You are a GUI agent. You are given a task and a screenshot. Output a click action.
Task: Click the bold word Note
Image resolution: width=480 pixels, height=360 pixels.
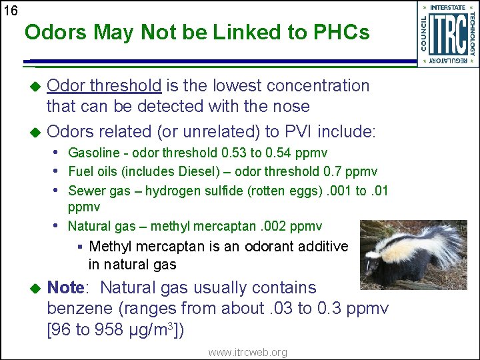click(x=65, y=288)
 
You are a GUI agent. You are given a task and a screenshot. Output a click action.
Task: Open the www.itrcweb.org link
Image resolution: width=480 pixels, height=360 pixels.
click(x=247, y=352)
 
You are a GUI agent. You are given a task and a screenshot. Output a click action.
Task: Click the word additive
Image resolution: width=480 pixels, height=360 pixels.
click(x=323, y=247)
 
